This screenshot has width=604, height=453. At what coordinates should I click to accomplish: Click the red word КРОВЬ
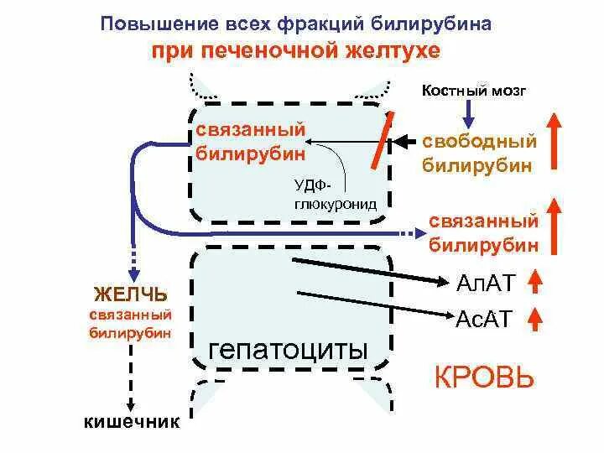click(x=483, y=377)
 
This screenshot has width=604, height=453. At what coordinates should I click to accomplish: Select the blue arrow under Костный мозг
click(x=470, y=113)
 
